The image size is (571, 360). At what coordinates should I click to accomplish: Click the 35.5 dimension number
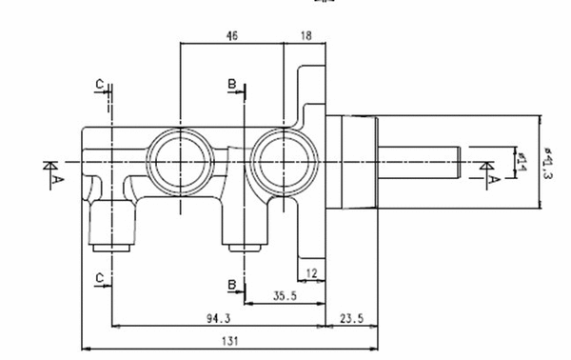click(285, 295)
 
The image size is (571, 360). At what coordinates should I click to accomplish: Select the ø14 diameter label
click(521, 162)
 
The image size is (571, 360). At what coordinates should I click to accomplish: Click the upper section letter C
click(99, 85)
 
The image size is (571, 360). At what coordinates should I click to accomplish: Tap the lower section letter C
click(99, 276)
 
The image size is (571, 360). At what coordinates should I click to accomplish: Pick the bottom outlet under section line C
click(113, 229)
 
